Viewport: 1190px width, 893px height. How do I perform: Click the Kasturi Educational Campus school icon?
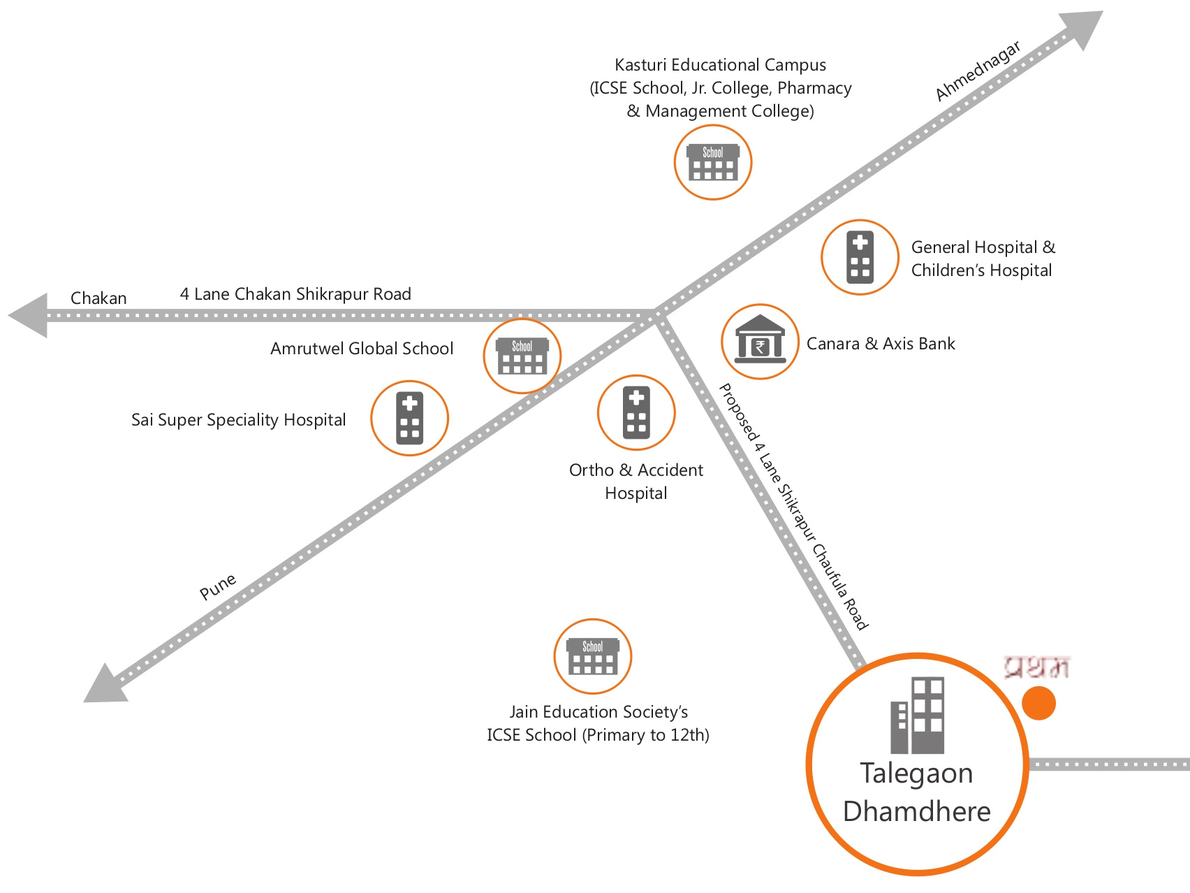(712, 162)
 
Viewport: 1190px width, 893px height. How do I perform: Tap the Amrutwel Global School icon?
(522, 356)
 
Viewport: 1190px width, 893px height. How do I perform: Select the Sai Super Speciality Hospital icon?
(409, 418)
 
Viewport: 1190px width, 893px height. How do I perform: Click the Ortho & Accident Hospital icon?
(636, 412)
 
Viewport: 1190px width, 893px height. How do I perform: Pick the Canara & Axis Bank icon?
(760, 342)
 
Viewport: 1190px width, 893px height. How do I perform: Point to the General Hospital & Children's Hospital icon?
(860, 257)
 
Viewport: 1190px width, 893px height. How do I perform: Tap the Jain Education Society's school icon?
(592, 656)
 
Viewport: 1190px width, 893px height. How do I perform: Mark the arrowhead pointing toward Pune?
(105, 684)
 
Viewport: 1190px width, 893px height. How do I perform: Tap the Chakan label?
(98, 298)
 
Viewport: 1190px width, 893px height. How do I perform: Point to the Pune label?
(218, 587)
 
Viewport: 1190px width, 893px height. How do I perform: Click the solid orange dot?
(1038, 703)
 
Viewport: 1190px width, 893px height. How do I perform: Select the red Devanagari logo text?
(1036, 667)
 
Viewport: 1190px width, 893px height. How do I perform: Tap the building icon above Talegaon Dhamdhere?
(918, 716)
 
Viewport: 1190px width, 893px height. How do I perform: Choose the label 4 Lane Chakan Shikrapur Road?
(295, 294)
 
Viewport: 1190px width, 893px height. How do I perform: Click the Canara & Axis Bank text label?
(881, 344)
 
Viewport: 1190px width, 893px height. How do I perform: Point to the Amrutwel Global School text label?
(362, 349)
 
